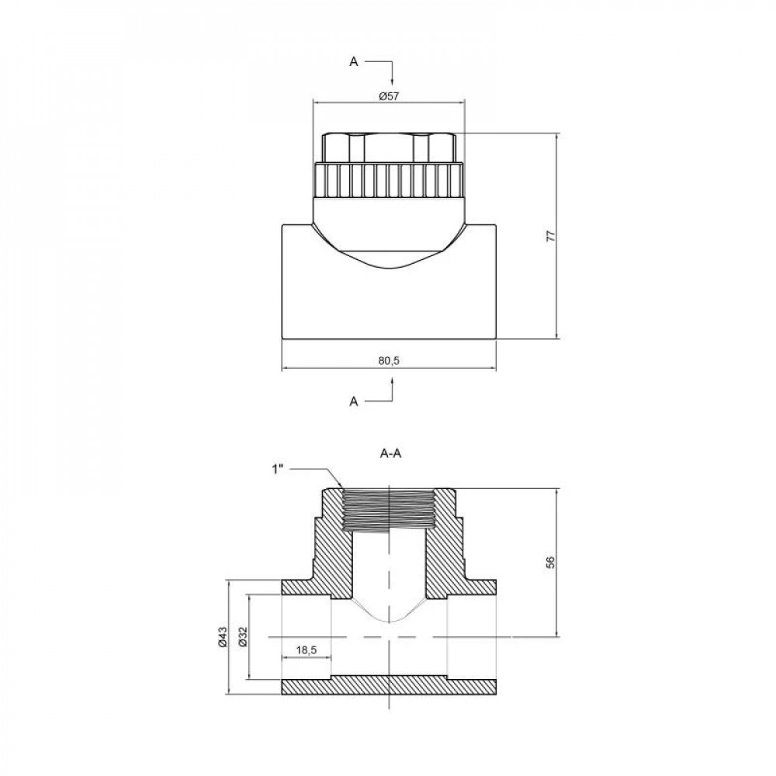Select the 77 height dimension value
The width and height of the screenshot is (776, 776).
pyautogui.click(x=550, y=237)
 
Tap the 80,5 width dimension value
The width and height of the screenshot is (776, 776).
pyautogui.click(x=388, y=360)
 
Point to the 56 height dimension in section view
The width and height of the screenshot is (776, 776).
pyautogui.click(x=550, y=563)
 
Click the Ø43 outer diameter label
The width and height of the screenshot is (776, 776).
pyautogui.click(x=221, y=637)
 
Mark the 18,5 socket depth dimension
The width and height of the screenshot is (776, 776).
pyautogui.click(x=307, y=649)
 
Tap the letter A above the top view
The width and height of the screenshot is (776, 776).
pyautogui.click(x=354, y=62)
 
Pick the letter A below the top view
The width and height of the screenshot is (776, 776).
pyautogui.click(x=354, y=401)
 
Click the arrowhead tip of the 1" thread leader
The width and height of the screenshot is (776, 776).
pyautogui.click(x=341, y=489)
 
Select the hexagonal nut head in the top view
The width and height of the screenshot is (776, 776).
pyautogui.click(x=388, y=146)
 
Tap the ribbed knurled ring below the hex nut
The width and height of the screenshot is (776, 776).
pyautogui.click(x=388, y=180)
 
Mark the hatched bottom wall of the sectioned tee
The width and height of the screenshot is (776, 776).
pyautogui.click(x=388, y=685)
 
